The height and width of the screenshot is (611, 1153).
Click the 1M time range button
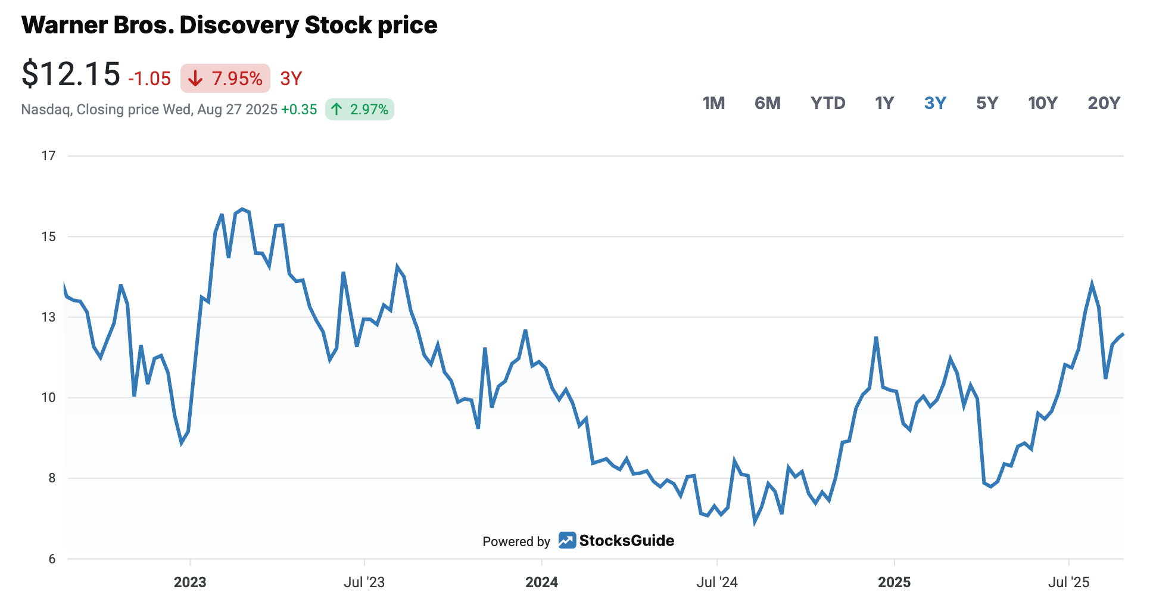click(713, 103)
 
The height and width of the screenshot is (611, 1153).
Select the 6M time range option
click(767, 103)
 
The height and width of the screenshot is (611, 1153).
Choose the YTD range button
click(828, 103)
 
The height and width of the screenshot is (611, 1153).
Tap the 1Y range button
click(884, 103)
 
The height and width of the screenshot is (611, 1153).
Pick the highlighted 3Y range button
click(935, 103)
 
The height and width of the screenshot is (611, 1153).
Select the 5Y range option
click(987, 103)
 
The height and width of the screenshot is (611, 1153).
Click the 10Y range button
click(1043, 103)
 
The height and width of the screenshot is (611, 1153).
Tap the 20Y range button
click(1104, 103)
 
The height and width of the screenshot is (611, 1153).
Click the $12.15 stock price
click(71, 74)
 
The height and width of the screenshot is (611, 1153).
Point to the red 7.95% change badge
click(225, 78)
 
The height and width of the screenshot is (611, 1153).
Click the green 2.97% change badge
click(360, 109)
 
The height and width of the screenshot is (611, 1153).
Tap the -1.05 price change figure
click(149, 79)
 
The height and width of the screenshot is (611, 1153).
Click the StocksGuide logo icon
click(567, 540)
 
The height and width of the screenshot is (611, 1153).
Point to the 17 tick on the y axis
click(48, 156)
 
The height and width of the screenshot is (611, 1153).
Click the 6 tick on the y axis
click(52, 559)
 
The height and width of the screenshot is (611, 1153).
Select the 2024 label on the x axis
click(541, 582)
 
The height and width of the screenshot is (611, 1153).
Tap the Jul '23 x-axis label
click(364, 582)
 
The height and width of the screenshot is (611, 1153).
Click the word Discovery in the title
click(239, 26)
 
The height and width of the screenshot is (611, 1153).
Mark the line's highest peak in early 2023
click(242, 209)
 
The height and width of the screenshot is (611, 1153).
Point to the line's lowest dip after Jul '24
click(755, 522)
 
